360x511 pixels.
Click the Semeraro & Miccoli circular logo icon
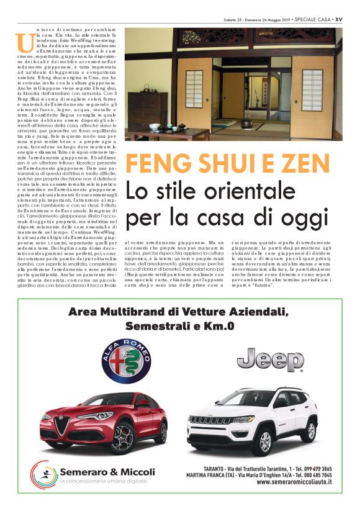[44, 474]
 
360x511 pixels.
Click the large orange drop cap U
[25, 42]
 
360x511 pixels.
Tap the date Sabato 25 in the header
[235, 19]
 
